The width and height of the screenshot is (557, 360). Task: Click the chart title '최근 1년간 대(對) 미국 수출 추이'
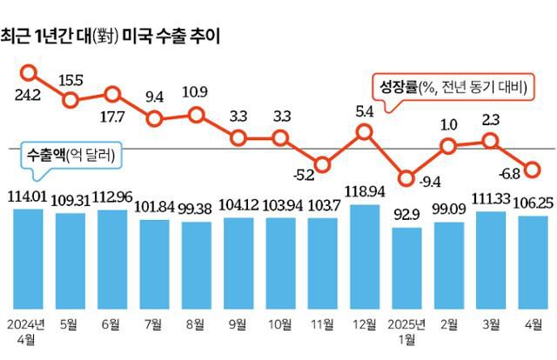111,36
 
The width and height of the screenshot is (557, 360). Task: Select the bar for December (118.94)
365,256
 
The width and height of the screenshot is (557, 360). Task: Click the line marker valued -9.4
406,178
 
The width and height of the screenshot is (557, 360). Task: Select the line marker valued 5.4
365,132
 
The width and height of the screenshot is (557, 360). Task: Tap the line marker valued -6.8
533,169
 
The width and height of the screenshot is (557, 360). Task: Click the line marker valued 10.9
196,114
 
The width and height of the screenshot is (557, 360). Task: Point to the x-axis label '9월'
238,324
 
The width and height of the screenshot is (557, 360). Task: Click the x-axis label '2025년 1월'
406,331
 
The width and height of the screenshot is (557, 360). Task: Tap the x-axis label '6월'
111,324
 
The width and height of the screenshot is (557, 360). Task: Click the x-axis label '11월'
322,324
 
